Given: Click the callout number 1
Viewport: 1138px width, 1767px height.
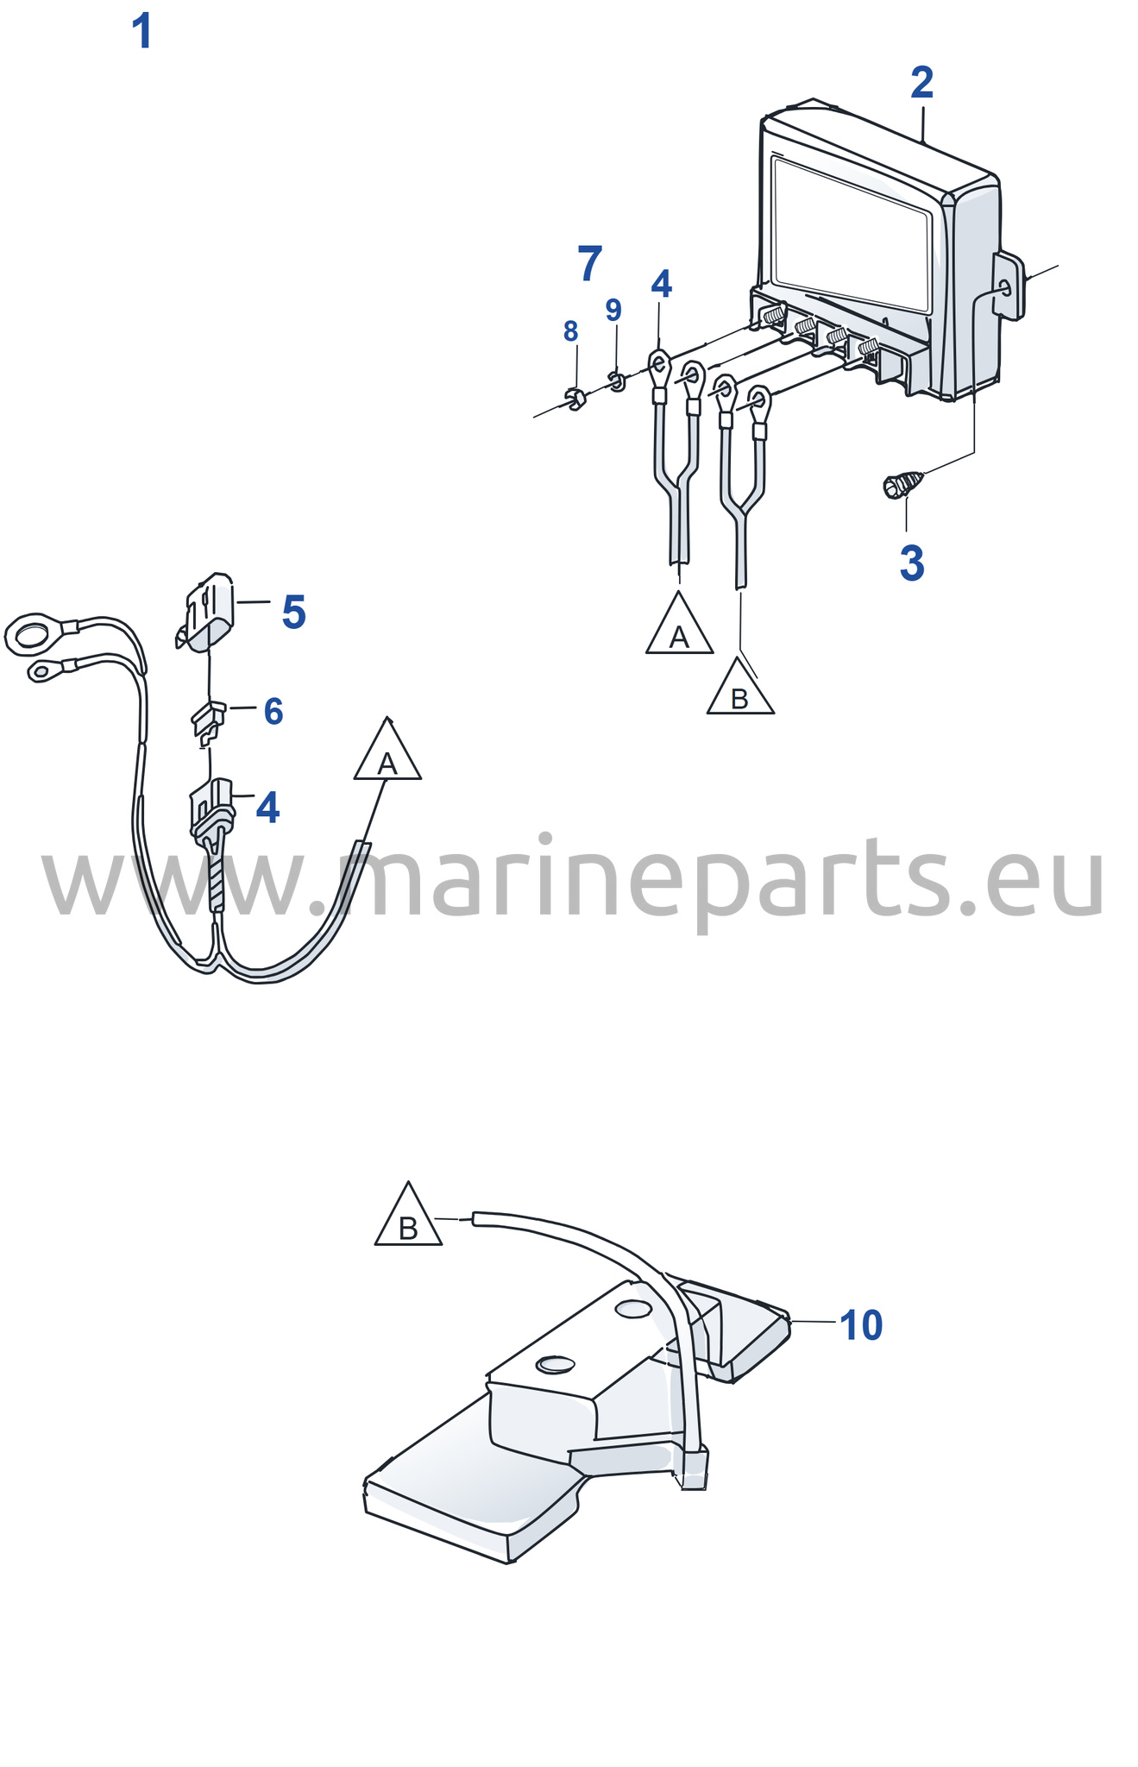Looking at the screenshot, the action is tap(142, 32).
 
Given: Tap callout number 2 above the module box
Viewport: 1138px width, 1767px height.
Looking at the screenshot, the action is tap(921, 83).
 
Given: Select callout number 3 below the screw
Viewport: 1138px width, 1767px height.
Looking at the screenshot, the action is tap(911, 563).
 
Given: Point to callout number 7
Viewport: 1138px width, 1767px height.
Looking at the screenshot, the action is tap(589, 263).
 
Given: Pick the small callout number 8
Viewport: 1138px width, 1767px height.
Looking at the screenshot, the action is tap(570, 330).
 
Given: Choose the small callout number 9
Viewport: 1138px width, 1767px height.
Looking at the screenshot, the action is tap(613, 310).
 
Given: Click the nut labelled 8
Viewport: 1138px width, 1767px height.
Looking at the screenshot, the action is tap(575, 399).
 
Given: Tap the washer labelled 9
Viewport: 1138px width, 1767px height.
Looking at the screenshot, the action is tap(616, 380).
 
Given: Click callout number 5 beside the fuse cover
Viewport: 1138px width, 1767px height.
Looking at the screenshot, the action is tap(294, 613).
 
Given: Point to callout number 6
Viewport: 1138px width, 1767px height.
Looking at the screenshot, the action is tap(273, 712).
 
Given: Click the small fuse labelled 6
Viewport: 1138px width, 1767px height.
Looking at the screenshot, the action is tap(208, 722).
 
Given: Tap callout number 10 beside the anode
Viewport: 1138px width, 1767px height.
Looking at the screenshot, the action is tap(861, 1325).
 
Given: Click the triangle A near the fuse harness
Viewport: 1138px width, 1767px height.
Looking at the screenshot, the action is tap(387, 749).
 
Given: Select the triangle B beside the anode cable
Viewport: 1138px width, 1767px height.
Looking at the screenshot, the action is tap(408, 1214).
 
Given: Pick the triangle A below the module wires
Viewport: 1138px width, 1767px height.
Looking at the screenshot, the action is tap(680, 623).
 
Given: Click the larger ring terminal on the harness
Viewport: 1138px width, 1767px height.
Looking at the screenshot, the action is tap(29, 634).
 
